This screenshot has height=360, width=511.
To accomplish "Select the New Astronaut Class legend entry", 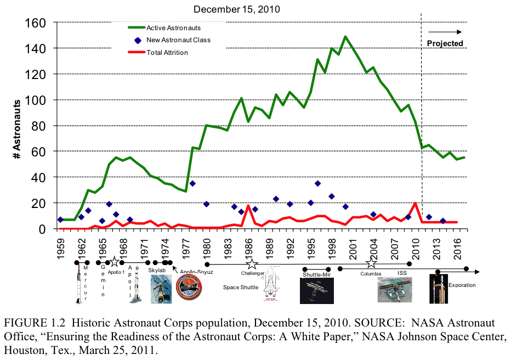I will pos(178,40).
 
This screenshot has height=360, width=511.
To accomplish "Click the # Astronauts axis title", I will pos(19,129).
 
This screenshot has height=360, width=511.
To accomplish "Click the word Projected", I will pos(445,43).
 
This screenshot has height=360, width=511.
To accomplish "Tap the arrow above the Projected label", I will pos(445,32).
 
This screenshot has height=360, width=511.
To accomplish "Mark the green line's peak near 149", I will pos(345,37).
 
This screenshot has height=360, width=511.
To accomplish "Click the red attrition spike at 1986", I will pos(248,206).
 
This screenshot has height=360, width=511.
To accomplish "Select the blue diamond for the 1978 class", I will pos(192,183).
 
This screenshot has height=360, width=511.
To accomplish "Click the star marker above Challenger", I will pos(252,265).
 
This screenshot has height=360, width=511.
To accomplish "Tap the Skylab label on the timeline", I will pos(157,271).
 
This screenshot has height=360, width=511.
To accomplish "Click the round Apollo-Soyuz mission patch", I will pos(189,288).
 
